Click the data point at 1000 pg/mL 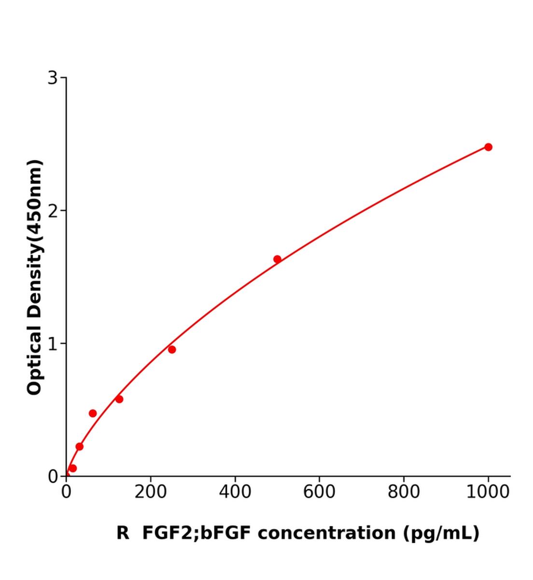pos(488,147)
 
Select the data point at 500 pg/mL pos(277,259)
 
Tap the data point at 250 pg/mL pos(172,349)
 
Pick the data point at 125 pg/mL pos(119,399)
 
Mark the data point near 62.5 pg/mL pos(93,413)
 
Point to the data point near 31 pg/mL pos(80,447)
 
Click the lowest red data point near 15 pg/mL pos(73,468)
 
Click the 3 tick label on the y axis pos(52,78)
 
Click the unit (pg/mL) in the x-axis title pos(441,533)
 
